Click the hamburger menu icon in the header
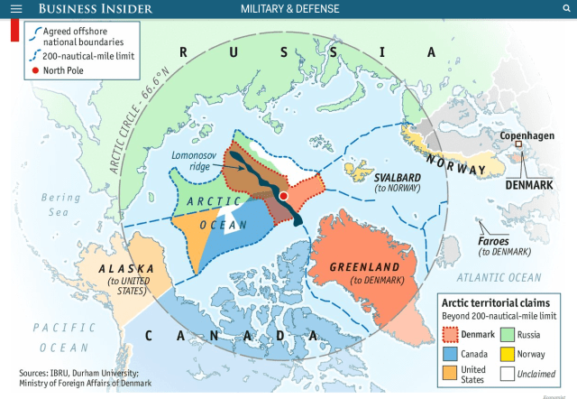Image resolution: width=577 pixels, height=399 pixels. coord(15,9)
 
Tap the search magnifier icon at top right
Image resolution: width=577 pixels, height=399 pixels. coord(565,9)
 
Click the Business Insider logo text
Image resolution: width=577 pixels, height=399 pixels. coord(96,9)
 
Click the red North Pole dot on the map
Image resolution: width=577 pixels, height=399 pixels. coord(283,195)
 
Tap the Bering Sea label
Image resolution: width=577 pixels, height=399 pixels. coord(59,204)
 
